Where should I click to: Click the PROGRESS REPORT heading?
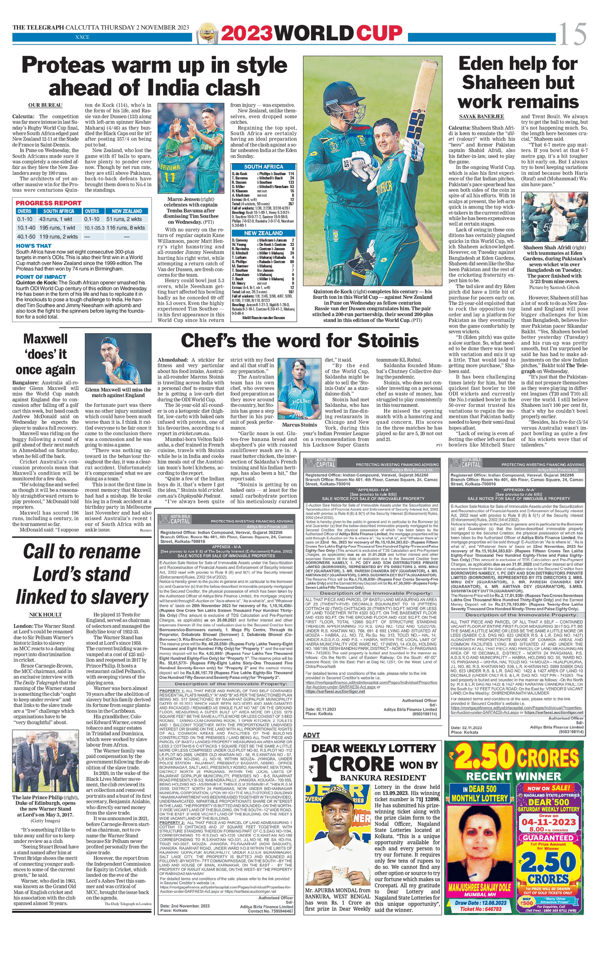[x=49, y=203]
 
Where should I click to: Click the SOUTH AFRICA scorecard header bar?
[x=263, y=167]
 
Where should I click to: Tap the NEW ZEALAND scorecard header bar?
[x=263, y=233]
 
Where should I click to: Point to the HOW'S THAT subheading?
[x=34, y=246]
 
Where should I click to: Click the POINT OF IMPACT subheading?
[x=41, y=277]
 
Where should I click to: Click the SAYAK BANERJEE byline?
[x=481, y=116]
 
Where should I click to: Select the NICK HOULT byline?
[x=45, y=614]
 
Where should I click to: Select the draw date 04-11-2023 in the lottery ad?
[x=548, y=822]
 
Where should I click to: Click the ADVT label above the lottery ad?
[x=311, y=735]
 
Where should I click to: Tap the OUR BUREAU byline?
[x=45, y=105]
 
